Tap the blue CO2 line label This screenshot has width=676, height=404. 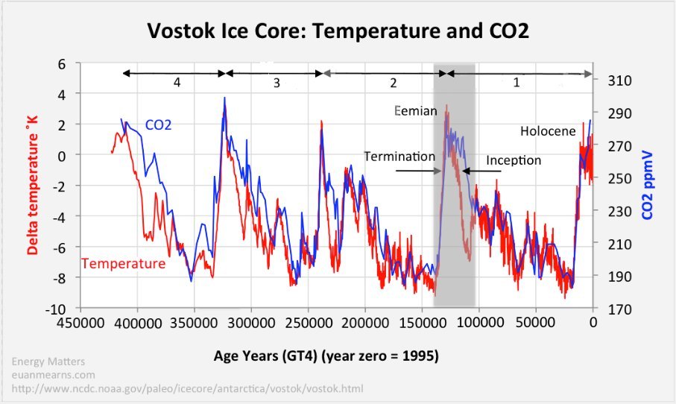point(159,125)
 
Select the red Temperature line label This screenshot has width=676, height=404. point(123,263)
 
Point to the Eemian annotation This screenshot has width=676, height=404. point(413,111)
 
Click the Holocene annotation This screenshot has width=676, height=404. point(548,131)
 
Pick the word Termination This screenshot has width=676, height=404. point(399,157)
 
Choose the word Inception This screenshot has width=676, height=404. point(514,160)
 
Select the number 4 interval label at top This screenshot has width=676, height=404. point(177,83)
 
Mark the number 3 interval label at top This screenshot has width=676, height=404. point(276,83)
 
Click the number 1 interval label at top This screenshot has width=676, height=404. point(516,83)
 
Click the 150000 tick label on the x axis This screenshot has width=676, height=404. point(423,323)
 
